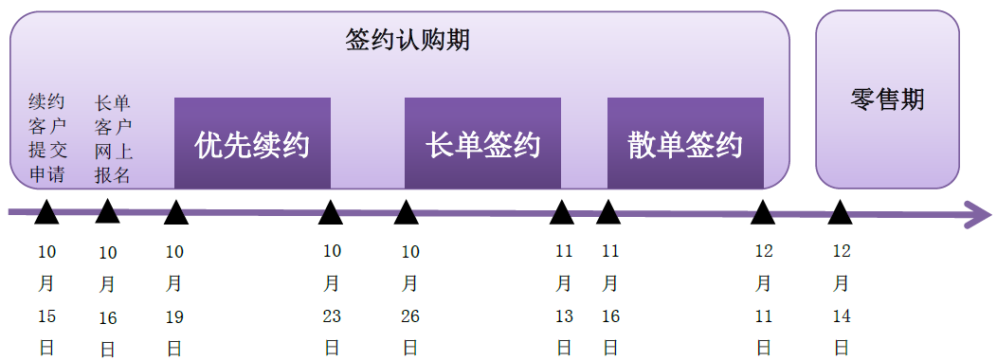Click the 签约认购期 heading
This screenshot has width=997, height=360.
tap(408, 41)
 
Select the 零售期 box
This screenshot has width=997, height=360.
tap(887, 99)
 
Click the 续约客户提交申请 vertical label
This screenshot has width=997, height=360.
tap(46, 138)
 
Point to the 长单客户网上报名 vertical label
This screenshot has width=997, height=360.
tap(113, 138)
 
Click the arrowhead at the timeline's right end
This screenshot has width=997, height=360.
tap(976, 214)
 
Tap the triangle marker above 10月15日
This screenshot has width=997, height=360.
tap(46, 213)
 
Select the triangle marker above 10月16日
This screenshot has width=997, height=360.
tap(108, 213)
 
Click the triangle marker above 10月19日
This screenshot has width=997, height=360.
tap(175, 213)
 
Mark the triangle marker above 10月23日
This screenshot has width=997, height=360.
tap(331, 213)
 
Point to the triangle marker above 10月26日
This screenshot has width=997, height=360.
tap(407, 213)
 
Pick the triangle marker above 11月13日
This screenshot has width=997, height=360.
tap(562, 213)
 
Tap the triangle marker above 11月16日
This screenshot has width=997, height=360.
tap(608, 213)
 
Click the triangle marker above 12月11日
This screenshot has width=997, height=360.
tap(763, 213)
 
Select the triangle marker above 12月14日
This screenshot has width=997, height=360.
tap(840, 213)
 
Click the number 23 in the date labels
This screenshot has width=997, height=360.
tap(332, 316)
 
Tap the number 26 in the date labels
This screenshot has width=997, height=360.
tap(410, 316)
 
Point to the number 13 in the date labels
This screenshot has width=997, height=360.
tap(564, 316)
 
